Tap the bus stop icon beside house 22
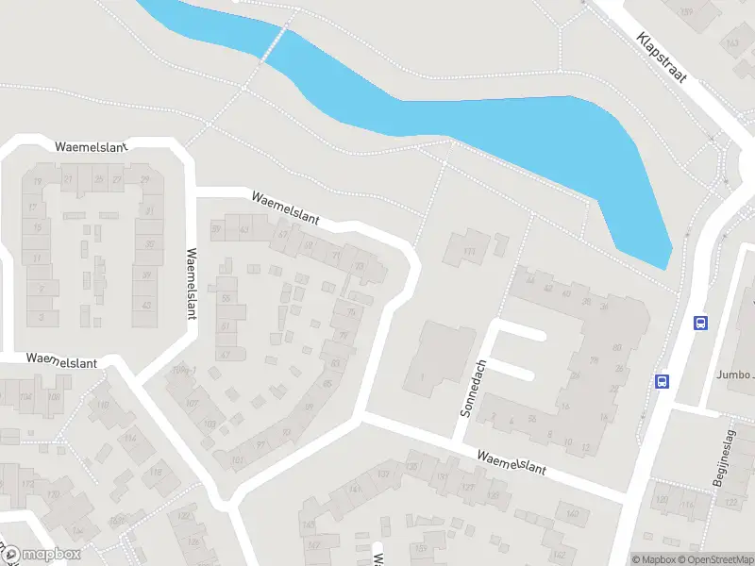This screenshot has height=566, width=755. [x=663, y=382]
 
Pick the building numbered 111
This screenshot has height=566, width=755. [x=469, y=252]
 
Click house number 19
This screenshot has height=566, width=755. [x=38, y=181]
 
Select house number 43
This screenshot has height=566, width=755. [x=145, y=305]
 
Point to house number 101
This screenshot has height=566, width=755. [x=238, y=460]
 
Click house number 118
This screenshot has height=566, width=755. [x=156, y=473]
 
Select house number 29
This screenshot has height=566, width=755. [x=144, y=179]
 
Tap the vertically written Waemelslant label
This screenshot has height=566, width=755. [x=192, y=283]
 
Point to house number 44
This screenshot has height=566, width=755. [x=532, y=280]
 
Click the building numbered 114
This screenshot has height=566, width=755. [x=129, y=439]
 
